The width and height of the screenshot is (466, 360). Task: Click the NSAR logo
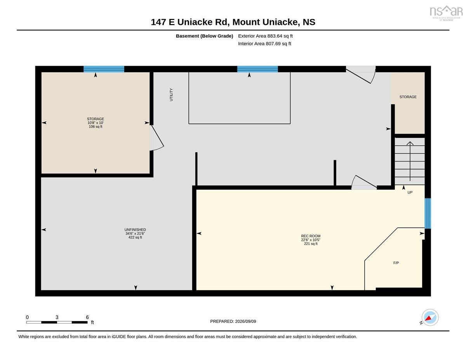pos(446,13)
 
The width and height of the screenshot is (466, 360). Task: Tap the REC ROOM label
pos(311,236)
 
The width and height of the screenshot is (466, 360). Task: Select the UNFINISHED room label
pos(135,230)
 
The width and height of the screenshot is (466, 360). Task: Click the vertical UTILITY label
pos(171,94)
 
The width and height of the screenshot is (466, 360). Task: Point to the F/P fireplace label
pos(396,263)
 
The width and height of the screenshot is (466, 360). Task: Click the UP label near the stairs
pos(410,192)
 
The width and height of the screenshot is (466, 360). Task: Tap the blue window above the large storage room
pos(104,69)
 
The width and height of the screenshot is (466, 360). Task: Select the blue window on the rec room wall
pos(428,213)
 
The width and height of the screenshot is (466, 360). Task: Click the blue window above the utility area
pos(257,69)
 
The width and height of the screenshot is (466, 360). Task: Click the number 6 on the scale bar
pos(87,317)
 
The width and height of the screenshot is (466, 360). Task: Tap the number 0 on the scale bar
pos(27,317)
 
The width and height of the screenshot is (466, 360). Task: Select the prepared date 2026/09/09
pos(245,321)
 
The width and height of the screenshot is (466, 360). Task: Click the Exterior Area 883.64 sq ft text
pos(265,36)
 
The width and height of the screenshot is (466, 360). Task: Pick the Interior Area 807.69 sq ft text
pos(264,43)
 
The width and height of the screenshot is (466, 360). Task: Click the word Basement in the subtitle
pos(187,36)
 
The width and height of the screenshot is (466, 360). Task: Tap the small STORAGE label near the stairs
pos(408,97)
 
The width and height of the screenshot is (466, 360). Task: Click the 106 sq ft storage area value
pos(96,127)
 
